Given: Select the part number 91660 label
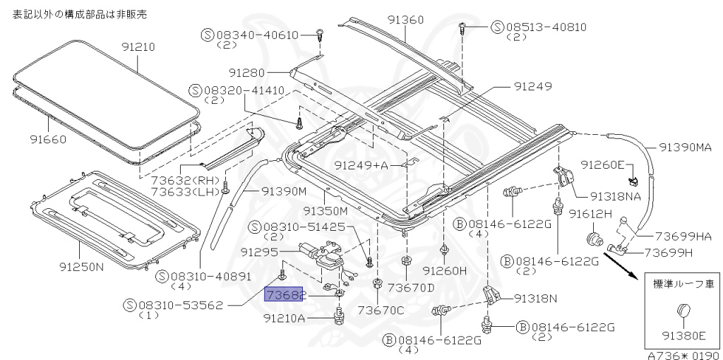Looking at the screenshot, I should click(x=49, y=139).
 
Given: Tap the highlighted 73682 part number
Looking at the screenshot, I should click(x=283, y=294).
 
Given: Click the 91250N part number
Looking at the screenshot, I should click(x=78, y=268).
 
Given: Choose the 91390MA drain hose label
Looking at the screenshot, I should click(x=689, y=148).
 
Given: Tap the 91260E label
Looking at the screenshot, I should click(x=603, y=164).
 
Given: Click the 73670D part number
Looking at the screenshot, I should click(x=411, y=287).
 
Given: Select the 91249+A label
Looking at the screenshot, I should click(x=361, y=166).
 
